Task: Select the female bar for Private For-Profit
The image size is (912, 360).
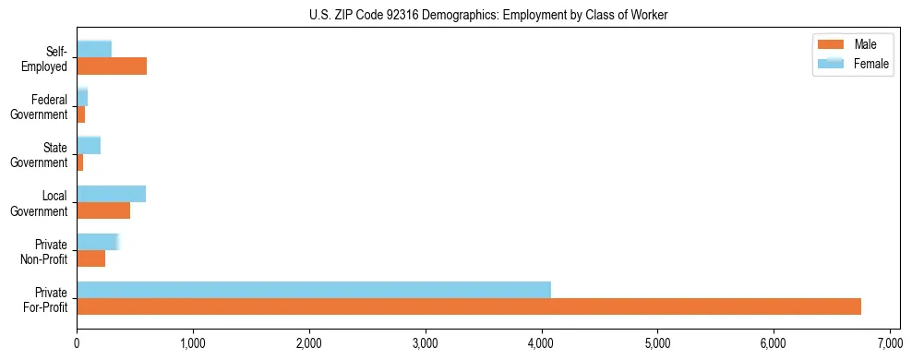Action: pos(314,290)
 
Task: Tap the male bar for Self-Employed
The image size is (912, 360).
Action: pos(112,66)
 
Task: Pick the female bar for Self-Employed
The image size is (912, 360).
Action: pos(94,49)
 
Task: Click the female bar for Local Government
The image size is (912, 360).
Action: pos(111,194)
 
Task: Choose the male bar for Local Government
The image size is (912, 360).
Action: pos(103,210)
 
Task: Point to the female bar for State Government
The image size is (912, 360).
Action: pos(89,145)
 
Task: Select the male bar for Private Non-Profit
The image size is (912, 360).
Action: pos(90,258)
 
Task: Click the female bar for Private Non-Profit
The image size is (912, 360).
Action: pos(97,242)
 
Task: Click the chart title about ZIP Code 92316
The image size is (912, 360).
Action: pos(456,16)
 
